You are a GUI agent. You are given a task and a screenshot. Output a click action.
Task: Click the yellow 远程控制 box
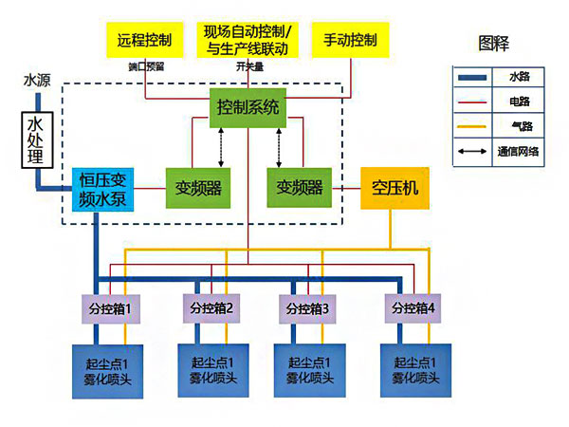tap(144, 40)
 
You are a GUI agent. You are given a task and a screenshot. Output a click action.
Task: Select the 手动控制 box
tap(350, 40)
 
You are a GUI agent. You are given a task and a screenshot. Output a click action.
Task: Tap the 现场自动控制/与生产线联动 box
tap(246, 40)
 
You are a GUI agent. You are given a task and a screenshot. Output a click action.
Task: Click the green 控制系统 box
tap(248, 107)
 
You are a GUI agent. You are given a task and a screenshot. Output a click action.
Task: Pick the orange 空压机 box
tap(395, 188)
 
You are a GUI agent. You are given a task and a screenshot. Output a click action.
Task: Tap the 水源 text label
tap(36, 81)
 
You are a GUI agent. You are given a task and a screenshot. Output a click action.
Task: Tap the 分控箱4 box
tap(410, 309)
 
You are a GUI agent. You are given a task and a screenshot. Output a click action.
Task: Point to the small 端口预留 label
tap(145, 66)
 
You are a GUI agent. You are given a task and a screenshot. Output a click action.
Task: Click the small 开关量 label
tap(248, 66)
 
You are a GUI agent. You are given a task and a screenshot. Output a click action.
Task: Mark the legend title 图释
tap(494, 43)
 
